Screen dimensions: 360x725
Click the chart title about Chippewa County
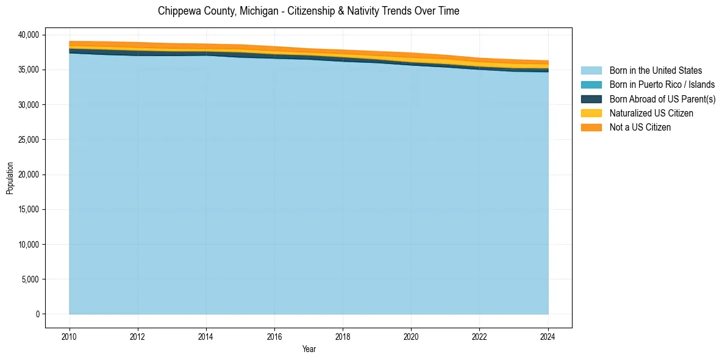[x=309, y=11]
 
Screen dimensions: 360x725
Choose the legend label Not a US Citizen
[x=640, y=127]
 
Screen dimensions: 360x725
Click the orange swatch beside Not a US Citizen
[x=591, y=127]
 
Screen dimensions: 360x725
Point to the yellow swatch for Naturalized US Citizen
[x=591, y=113]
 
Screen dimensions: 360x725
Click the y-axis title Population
[x=10, y=178]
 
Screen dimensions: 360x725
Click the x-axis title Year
[x=309, y=349]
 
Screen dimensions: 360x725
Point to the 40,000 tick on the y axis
[x=28, y=35]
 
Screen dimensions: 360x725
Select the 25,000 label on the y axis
[x=28, y=140]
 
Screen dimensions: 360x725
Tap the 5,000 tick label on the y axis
[x=30, y=279]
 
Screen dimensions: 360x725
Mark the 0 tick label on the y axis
[x=37, y=314]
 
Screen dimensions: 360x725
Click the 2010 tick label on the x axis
[x=70, y=336]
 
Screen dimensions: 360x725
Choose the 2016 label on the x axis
[x=275, y=336]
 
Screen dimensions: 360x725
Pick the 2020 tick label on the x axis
[x=412, y=336]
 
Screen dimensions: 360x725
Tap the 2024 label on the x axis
[x=548, y=336]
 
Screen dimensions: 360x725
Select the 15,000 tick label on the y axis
[x=28, y=209]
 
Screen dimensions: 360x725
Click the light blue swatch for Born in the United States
[x=591, y=71]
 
